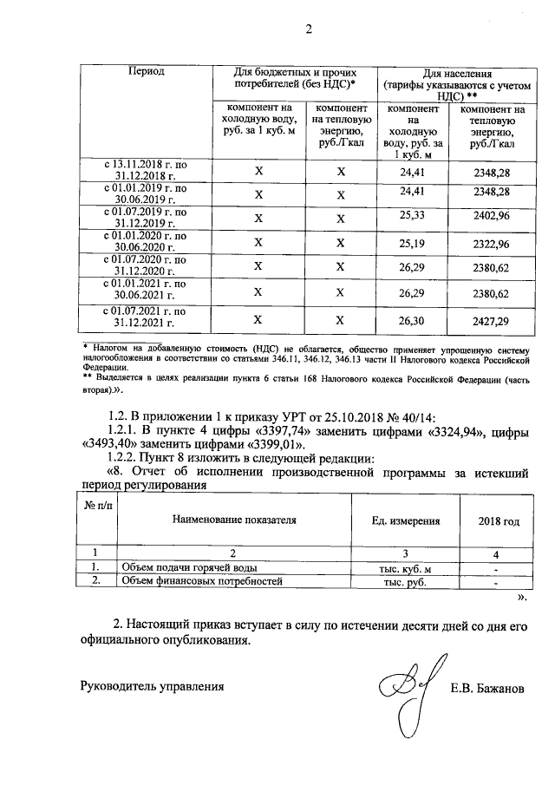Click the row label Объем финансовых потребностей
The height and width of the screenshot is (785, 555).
(202, 581)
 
